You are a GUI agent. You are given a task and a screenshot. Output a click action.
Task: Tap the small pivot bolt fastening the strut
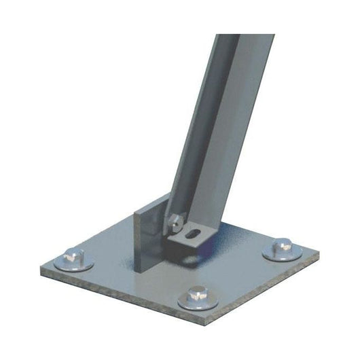[175, 219]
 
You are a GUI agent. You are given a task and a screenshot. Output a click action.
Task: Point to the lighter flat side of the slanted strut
[234, 136]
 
